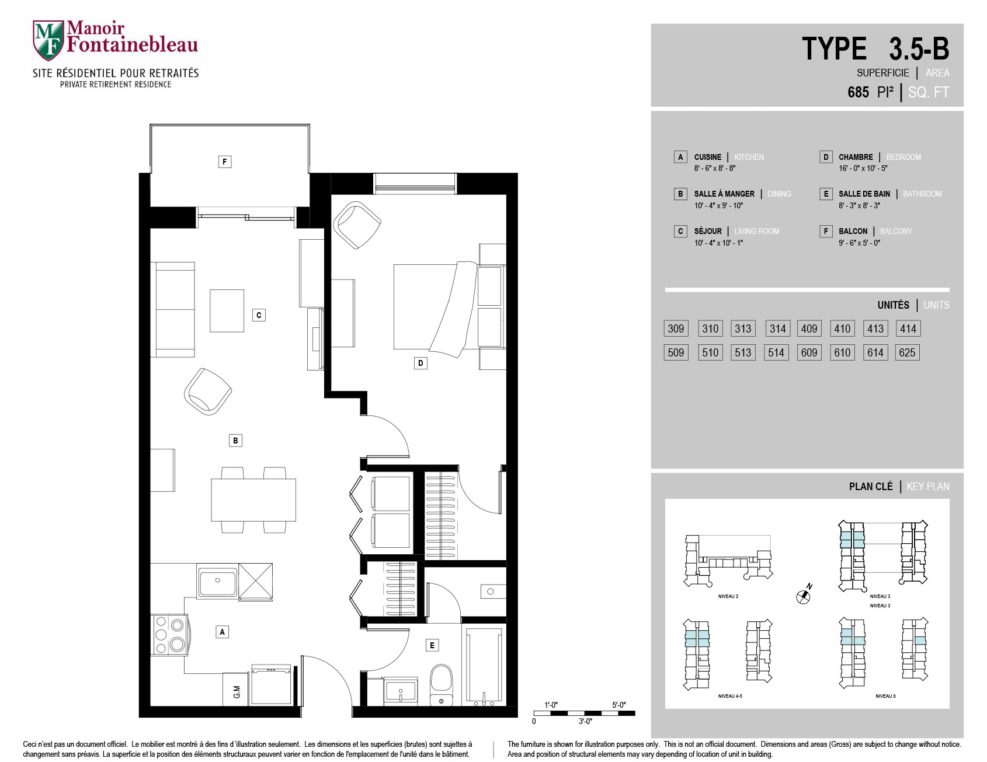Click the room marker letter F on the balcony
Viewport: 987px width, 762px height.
pos(224,162)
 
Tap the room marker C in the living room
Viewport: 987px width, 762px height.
pos(259,315)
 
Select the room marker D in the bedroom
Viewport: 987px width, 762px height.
pos(420,363)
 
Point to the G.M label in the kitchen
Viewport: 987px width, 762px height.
pos(237,692)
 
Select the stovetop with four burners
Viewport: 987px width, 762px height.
pos(169,634)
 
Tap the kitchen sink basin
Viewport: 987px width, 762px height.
pos(217,582)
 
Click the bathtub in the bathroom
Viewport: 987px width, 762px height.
pos(484,665)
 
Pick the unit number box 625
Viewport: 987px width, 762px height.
pos(907,352)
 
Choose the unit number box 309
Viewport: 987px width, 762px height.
pos(676,328)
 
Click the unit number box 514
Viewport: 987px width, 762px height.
pos(776,352)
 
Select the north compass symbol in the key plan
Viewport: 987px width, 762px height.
pos(804,595)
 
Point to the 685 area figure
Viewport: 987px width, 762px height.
pos(858,92)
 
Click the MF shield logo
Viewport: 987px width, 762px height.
pos(48,40)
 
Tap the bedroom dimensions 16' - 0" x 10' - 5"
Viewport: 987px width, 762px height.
pos(863,169)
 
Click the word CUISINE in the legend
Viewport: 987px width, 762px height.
pos(707,157)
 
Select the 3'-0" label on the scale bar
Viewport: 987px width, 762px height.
pos(585,722)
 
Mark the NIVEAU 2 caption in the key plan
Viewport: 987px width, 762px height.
pos(728,596)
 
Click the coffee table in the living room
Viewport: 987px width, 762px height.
pos(227,311)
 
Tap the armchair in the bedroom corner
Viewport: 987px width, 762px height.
pos(356,225)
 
